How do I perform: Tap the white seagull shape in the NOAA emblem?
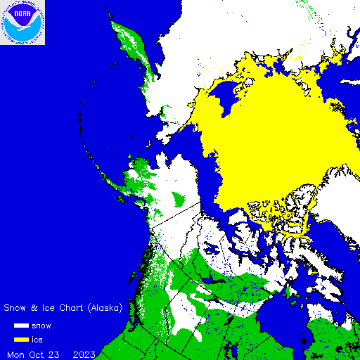click(x=22, y=22)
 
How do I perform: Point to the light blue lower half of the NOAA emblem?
click(x=22, y=32)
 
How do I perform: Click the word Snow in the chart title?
click(x=15, y=308)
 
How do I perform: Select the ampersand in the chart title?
click(x=32, y=308)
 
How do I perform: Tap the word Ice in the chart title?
click(x=45, y=308)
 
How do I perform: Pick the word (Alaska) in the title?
click(x=104, y=308)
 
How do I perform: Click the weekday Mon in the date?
click(x=15, y=353)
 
